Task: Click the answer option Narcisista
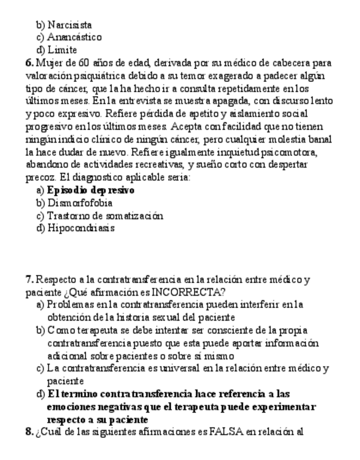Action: click(69, 25)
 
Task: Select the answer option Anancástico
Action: click(74, 37)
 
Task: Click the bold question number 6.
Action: click(29, 63)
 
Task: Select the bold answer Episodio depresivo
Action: click(91, 190)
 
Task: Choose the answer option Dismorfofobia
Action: click(80, 203)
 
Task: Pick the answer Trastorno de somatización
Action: click(105, 216)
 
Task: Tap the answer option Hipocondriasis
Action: click(81, 228)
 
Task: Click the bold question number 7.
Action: click(29, 279)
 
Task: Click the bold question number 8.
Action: click(29, 432)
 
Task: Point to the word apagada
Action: click(219, 101)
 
